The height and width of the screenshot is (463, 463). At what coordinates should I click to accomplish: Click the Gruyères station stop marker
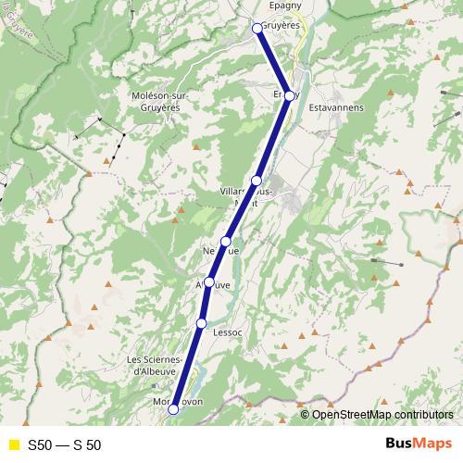(x=258, y=29)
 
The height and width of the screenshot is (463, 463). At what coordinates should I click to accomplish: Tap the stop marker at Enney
(x=290, y=95)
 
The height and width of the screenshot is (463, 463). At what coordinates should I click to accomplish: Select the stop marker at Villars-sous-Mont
(x=257, y=180)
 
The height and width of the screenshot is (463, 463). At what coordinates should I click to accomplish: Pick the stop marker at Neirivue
(x=226, y=241)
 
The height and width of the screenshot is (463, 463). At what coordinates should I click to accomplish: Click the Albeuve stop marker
(x=210, y=282)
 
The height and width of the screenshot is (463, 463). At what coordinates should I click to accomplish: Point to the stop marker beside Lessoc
(x=202, y=322)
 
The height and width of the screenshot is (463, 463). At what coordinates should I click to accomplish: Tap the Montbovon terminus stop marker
(x=173, y=408)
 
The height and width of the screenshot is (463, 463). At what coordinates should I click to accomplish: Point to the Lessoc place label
(x=228, y=331)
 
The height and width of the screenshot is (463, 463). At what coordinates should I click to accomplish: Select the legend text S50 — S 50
(x=64, y=444)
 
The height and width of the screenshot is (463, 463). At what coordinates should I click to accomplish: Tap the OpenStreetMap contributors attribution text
(x=382, y=414)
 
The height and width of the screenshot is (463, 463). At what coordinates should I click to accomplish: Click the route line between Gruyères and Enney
(x=274, y=62)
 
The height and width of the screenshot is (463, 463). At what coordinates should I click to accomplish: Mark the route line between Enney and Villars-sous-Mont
(x=273, y=138)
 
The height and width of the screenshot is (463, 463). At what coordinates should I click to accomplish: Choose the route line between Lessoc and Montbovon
(x=188, y=365)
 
